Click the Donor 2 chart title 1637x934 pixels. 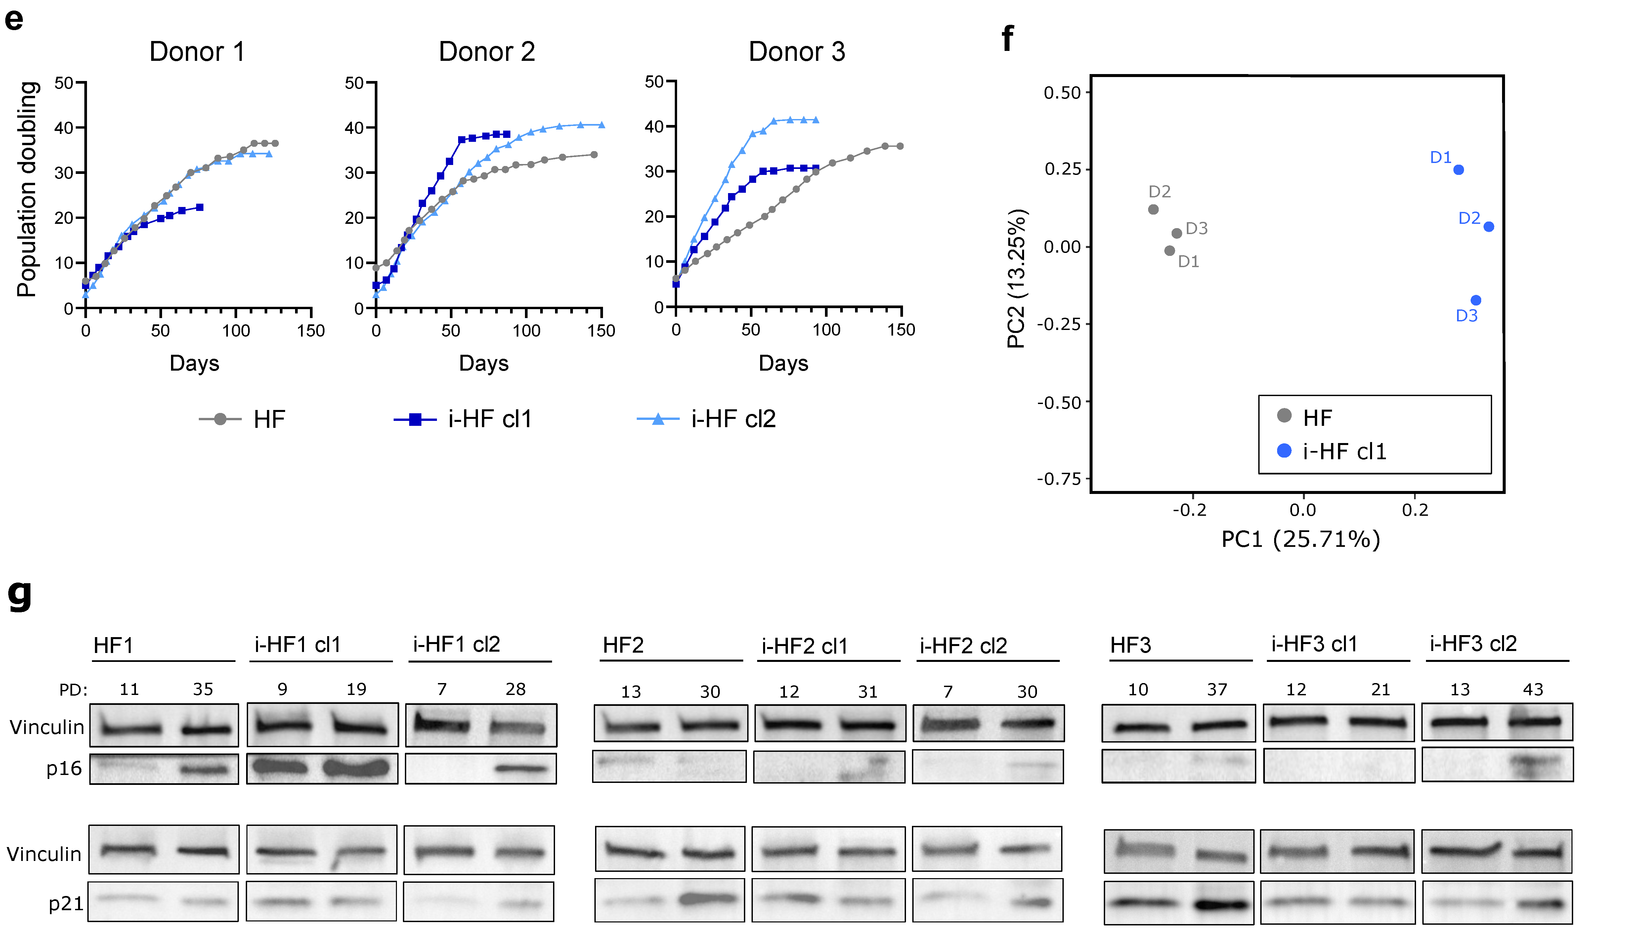(487, 51)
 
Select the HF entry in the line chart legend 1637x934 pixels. (242, 419)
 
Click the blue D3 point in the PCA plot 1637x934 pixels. (1475, 300)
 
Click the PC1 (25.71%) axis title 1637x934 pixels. (1300, 539)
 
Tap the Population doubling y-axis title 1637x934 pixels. (27, 189)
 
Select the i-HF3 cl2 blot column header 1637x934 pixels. (1473, 643)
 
